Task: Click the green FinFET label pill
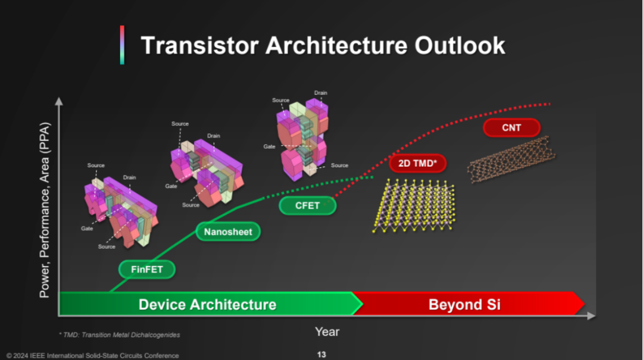147,270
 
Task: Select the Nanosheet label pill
228,231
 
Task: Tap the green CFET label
308,205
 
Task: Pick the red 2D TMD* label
417,163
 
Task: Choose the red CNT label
511,127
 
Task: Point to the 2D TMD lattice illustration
413,206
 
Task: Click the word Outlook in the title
460,45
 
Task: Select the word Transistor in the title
199,45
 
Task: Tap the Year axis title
327,331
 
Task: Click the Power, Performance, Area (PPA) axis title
44,210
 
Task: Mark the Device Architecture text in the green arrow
207,305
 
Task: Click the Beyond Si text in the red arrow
464,305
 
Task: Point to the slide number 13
321,355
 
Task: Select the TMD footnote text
119,335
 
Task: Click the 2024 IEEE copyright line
93,355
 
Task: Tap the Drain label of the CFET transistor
321,93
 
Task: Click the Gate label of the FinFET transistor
87,228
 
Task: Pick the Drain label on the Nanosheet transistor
213,136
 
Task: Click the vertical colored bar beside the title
122,45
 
